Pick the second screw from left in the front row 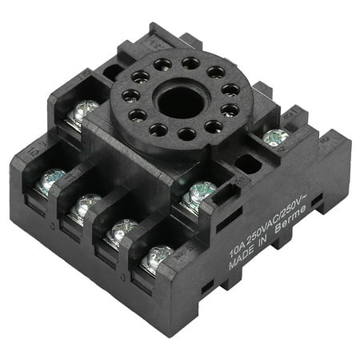85,205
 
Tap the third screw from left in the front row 122,230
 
